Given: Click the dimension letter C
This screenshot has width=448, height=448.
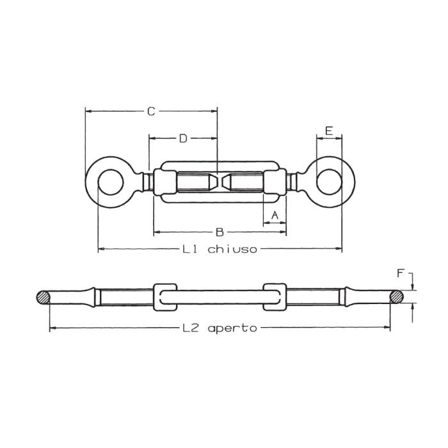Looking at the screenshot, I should click(x=151, y=111).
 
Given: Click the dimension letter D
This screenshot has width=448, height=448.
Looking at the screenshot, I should click(x=182, y=138).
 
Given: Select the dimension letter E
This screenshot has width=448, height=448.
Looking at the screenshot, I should click(x=328, y=131).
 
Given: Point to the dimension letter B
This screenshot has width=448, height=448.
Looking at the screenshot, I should click(x=218, y=231).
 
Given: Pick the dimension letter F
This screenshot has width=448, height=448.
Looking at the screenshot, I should click(x=401, y=274).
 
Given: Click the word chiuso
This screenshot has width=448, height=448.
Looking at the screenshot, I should click(x=232, y=249).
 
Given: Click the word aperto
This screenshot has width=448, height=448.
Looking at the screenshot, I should click(x=232, y=328).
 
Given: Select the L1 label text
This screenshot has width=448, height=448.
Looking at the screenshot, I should click(x=189, y=249).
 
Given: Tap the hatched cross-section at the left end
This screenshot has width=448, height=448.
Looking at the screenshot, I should click(x=44, y=297).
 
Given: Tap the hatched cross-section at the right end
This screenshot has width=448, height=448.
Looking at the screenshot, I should click(x=397, y=297).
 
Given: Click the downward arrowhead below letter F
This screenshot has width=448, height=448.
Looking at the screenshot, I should click(x=413, y=287).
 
